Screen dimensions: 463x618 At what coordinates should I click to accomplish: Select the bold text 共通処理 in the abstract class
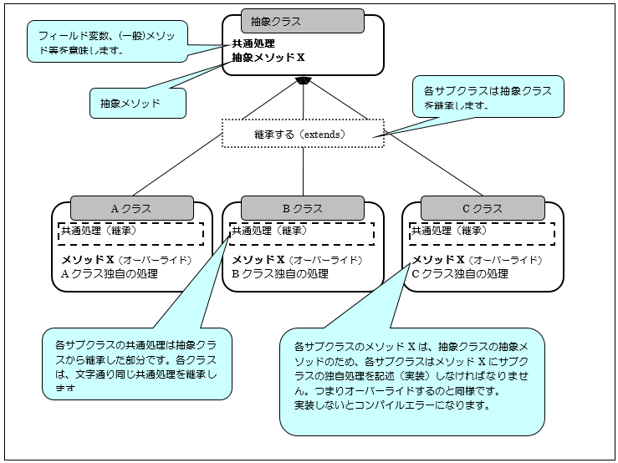click(254, 43)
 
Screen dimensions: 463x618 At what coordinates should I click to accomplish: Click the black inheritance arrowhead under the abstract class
click(303, 80)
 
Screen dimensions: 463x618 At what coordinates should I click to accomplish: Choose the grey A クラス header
click(130, 208)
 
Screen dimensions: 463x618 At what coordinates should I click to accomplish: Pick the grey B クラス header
click(302, 208)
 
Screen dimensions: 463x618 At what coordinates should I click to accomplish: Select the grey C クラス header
click(483, 208)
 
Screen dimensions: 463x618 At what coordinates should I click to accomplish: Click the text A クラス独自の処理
click(110, 272)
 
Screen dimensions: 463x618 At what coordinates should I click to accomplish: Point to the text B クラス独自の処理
click(280, 272)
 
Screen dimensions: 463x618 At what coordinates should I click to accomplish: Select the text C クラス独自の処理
click(461, 272)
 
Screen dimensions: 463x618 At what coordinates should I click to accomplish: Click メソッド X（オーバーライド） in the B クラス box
click(296, 260)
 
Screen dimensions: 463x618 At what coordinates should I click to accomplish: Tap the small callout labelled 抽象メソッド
click(136, 104)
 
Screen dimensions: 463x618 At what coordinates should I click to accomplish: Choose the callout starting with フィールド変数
click(106, 43)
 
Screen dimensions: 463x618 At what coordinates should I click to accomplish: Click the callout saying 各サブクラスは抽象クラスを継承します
click(488, 99)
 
